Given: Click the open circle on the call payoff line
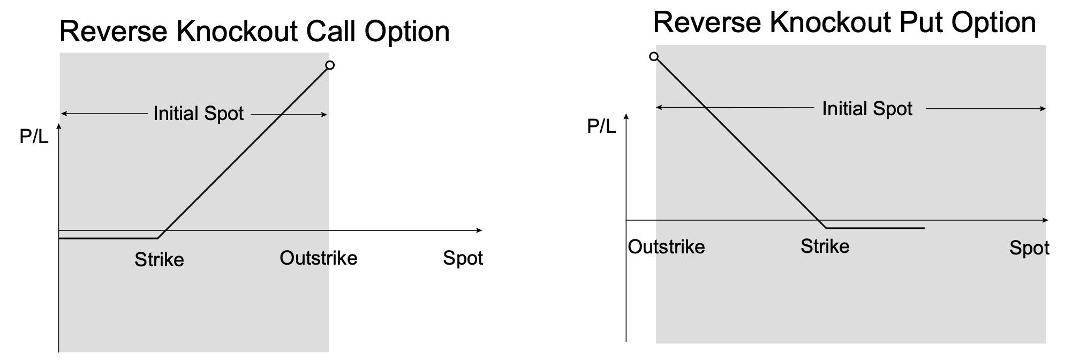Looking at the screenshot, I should pyautogui.click(x=330, y=65).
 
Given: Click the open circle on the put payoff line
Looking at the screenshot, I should pyautogui.click(x=654, y=56).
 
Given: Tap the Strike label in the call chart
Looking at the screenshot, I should pyautogui.click(x=159, y=260).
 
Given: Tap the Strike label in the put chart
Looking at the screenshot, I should pyautogui.click(x=825, y=246).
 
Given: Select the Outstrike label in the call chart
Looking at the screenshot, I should pyautogui.click(x=318, y=258).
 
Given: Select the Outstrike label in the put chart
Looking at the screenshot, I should pyautogui.click(x=666, y=247).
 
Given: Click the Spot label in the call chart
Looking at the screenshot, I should pyautogui.click(x=463, y=259).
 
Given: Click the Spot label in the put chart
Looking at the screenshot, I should pyautogui.click(x=1029, y=248).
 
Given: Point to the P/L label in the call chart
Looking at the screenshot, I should pyautogui.click(x=34, y=137).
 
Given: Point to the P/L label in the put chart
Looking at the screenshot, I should pyautogui.click(x=601, y=126).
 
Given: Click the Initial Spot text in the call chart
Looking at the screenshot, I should pyautogui.click(x=198, y=114).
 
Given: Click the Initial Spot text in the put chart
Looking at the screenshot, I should pyautogui.click(x=867, y=109).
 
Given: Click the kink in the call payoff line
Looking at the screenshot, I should pyautogui.click(x=157, y=238).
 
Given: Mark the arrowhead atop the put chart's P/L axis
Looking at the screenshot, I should pyautogui.click(x=626, y=115).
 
